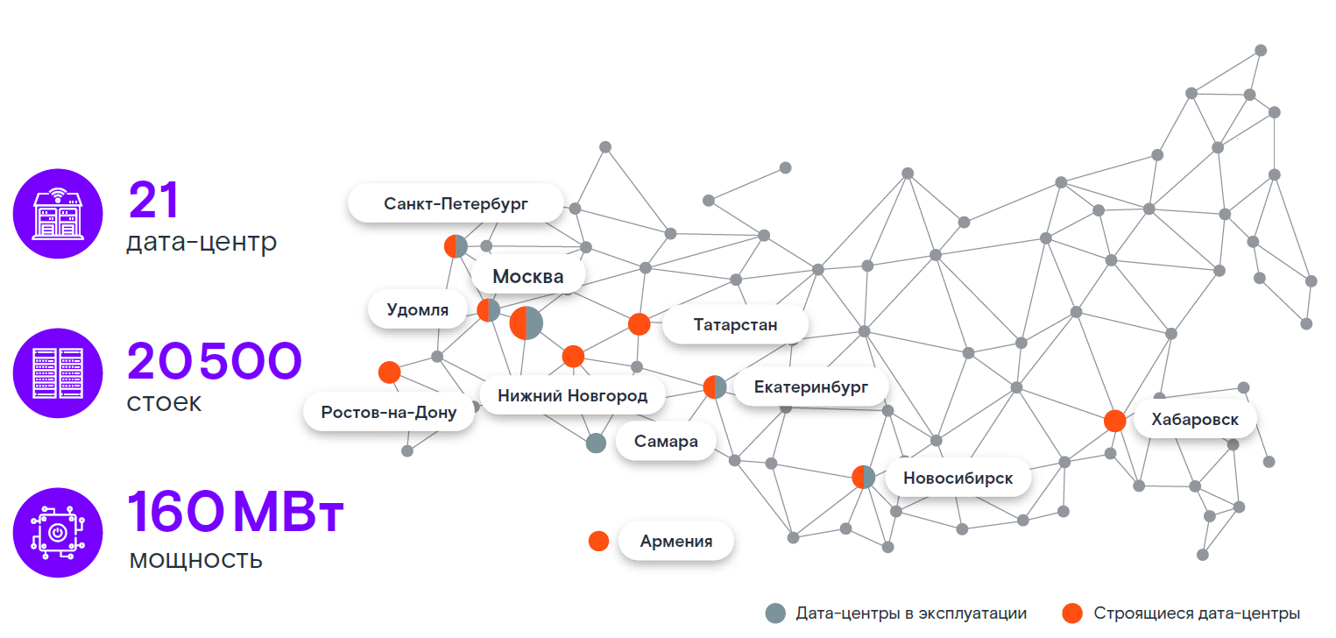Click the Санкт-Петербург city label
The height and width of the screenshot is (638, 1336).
click(x=456, y=204)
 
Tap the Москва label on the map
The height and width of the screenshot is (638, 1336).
click(x=527, y=277)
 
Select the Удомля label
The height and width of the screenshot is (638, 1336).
click(x=417, y=309)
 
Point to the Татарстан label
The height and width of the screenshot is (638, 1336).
click(x=735, y=325)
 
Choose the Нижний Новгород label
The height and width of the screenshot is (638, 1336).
click(x=572, y=395)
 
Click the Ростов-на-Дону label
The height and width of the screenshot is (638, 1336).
click(x=388, y=412)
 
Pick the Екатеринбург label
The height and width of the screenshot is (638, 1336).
click(x=811, y=386)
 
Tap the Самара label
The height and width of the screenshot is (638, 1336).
click(x=667, y=441)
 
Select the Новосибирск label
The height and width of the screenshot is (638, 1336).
click(x=958, y=478)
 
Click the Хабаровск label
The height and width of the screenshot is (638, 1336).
click(x=1195, y=420)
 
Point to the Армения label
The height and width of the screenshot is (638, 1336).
click(x=675, y=541)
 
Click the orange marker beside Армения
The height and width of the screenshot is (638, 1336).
click(x=598, y=541)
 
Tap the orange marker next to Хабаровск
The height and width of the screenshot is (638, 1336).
click(x=1114, y=421)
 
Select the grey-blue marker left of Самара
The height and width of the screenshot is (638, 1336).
click(x=596, y=443)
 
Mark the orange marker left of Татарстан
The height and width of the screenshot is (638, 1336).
click(x=640, y=324)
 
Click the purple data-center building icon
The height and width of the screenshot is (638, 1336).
click(x=57, y=213)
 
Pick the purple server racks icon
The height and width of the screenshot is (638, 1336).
click(x=57, y=373)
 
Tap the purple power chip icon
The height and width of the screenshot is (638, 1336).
click(x=57, y=533)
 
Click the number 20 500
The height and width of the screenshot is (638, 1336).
click(x=215, y=361)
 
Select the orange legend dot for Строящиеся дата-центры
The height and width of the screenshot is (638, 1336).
click(x=1071, y=613)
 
